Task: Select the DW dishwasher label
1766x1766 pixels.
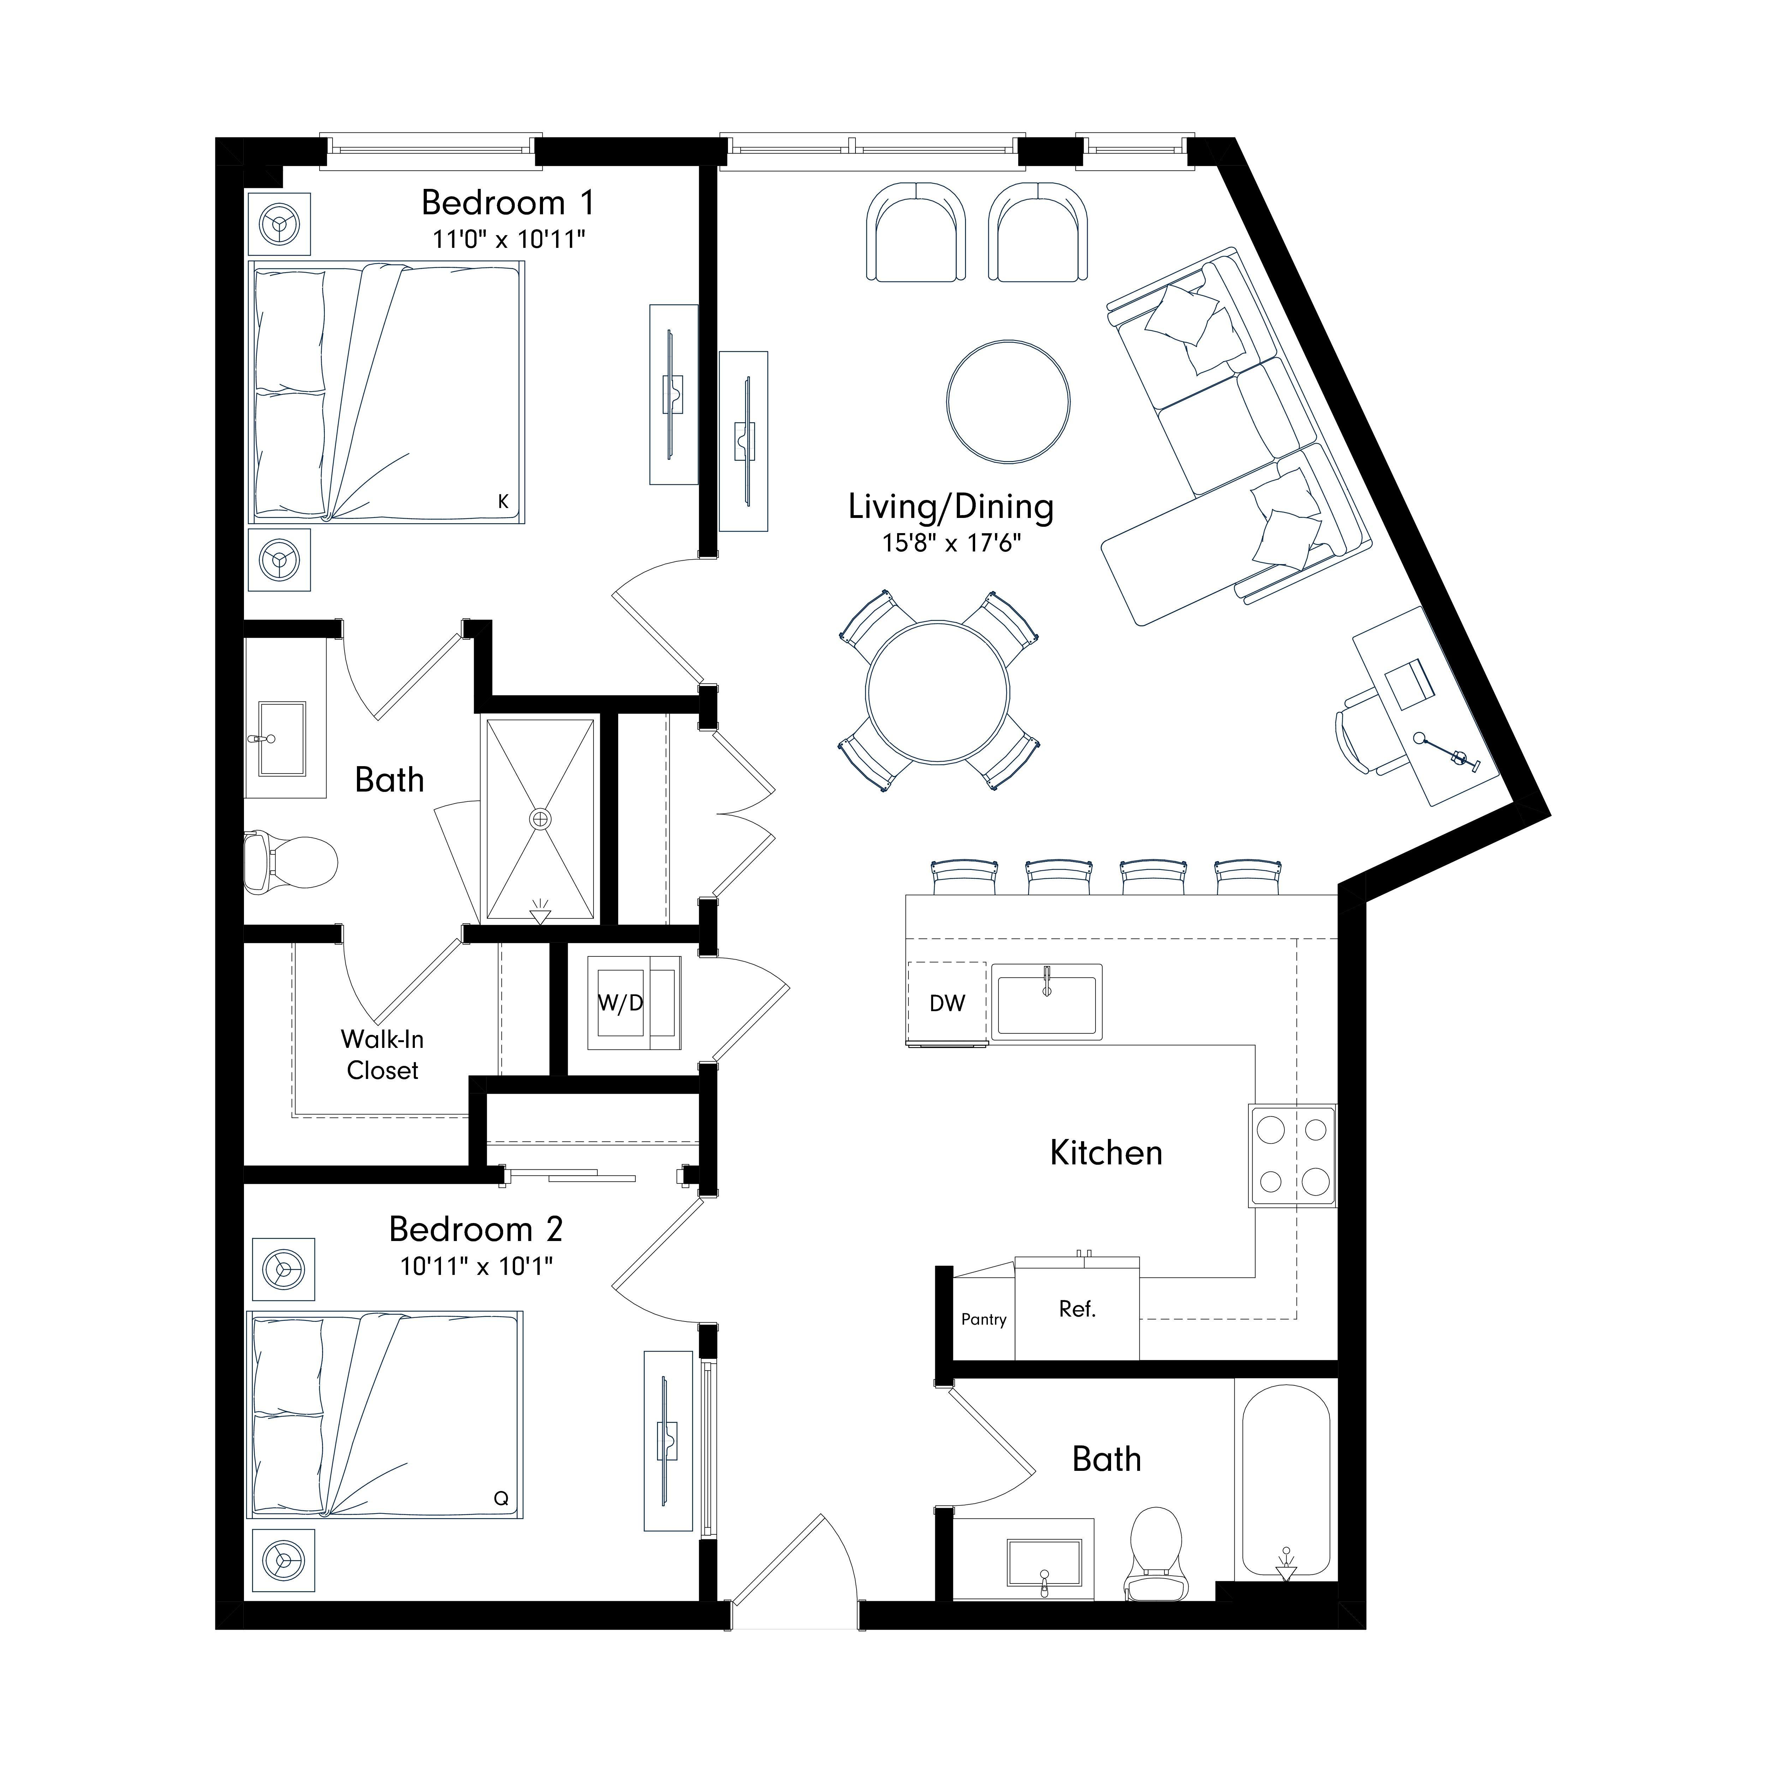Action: (x=947, y=1004)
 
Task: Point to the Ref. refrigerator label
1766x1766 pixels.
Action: (x=1077, y=1309)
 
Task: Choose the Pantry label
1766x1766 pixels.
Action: (x=984, y=1319)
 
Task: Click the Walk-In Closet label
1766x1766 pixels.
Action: (x=382, y=1055)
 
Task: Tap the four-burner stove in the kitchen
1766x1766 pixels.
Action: (x=1293, y=1156)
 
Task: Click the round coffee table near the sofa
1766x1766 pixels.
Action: (x=1008, y=401)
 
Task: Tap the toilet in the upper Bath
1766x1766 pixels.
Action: (x=291, y=861)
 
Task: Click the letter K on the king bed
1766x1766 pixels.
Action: (x=503, y=501)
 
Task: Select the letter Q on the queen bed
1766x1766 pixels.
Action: (x=501, y=1498)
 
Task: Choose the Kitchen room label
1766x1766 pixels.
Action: (x=1106, y=1153)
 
